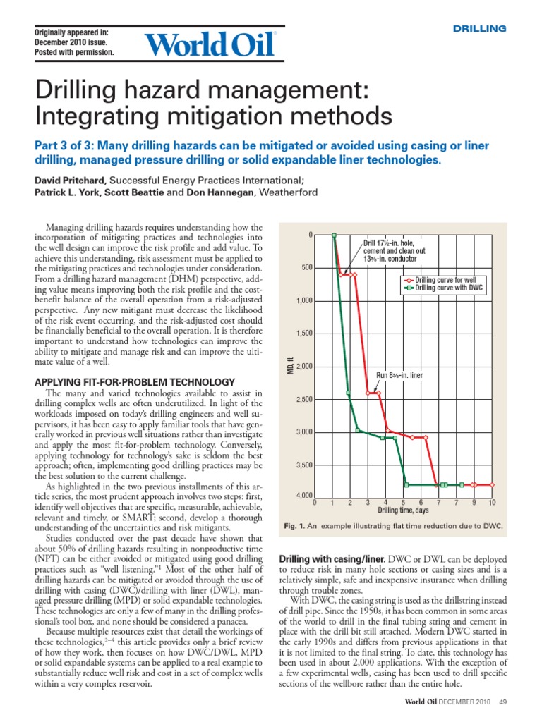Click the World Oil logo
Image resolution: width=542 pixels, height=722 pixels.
210,44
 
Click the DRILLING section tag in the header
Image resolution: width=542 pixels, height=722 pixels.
478,29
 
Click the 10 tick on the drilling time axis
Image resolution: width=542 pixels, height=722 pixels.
492,503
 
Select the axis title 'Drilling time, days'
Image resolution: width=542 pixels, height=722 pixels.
402,510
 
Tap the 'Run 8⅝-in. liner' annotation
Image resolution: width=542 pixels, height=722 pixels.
399,376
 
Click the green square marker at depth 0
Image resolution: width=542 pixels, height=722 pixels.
334,235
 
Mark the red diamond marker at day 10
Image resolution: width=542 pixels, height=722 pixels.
492,485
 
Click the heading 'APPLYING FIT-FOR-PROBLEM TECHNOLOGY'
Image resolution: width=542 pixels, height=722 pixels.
134,381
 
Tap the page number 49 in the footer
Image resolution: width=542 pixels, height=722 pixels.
503,702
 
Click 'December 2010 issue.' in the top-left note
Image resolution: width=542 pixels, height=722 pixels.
73,42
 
